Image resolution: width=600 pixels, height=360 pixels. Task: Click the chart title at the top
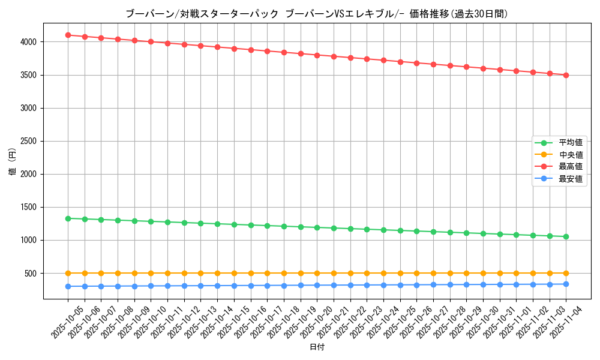click(316, 14)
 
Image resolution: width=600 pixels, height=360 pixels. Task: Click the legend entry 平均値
click(570, 143)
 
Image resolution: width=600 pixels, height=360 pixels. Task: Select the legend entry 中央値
click(570, 155)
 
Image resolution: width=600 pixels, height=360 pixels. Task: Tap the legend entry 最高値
click(570, 167)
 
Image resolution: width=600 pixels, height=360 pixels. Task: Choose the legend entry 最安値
click(570, 179)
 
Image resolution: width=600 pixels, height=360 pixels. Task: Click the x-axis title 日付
click(317, 347)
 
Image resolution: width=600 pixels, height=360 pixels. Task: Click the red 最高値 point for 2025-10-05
click(68, 35)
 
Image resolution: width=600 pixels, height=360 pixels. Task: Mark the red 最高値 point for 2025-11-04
click(566, 75)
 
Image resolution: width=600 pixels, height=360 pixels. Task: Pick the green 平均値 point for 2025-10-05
click(68, 218)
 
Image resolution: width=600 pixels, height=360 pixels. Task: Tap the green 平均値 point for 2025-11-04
click(566, 236)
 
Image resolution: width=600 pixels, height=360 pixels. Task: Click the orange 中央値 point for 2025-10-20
click(317, 273)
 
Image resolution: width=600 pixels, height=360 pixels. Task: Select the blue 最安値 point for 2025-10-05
click(68, 286)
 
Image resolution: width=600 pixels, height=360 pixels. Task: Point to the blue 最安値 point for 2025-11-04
click(566, 284)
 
